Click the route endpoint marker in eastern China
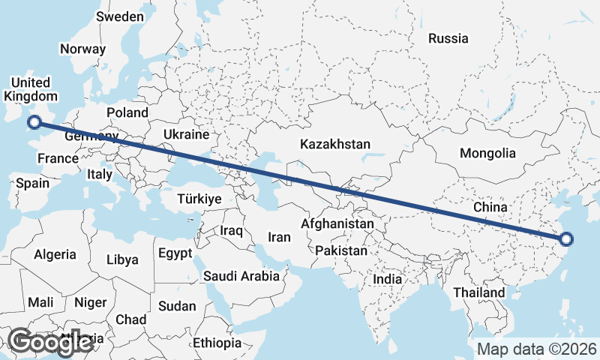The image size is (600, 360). click(x=566, y=239)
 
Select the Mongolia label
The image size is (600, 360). click(x=487, y=153)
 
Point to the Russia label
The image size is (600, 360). click(x=448, y=38)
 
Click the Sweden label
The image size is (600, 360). click(x=120, y=16)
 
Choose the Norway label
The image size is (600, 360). click(x=82, y=49)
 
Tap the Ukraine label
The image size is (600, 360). click(x=185, y=135)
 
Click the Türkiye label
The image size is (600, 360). click(x=199, y=199)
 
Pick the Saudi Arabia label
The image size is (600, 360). click(x=241, y=276)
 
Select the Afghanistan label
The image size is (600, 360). click(x=337, y=223)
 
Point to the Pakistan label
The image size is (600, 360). click(x=341, y=250)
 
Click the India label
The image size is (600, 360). click(x=388, y=279)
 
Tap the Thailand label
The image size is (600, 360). click(x=478, y=292)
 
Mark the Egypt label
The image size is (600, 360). click(x=175, y=253)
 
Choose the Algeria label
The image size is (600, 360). click(x=55, y=254)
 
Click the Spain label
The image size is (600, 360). click(x=32, y=183)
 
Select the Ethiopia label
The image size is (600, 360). click(x=217, y=343)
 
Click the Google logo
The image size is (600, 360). click(x=49, y=342)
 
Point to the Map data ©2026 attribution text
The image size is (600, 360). click(x=537, y=349)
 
